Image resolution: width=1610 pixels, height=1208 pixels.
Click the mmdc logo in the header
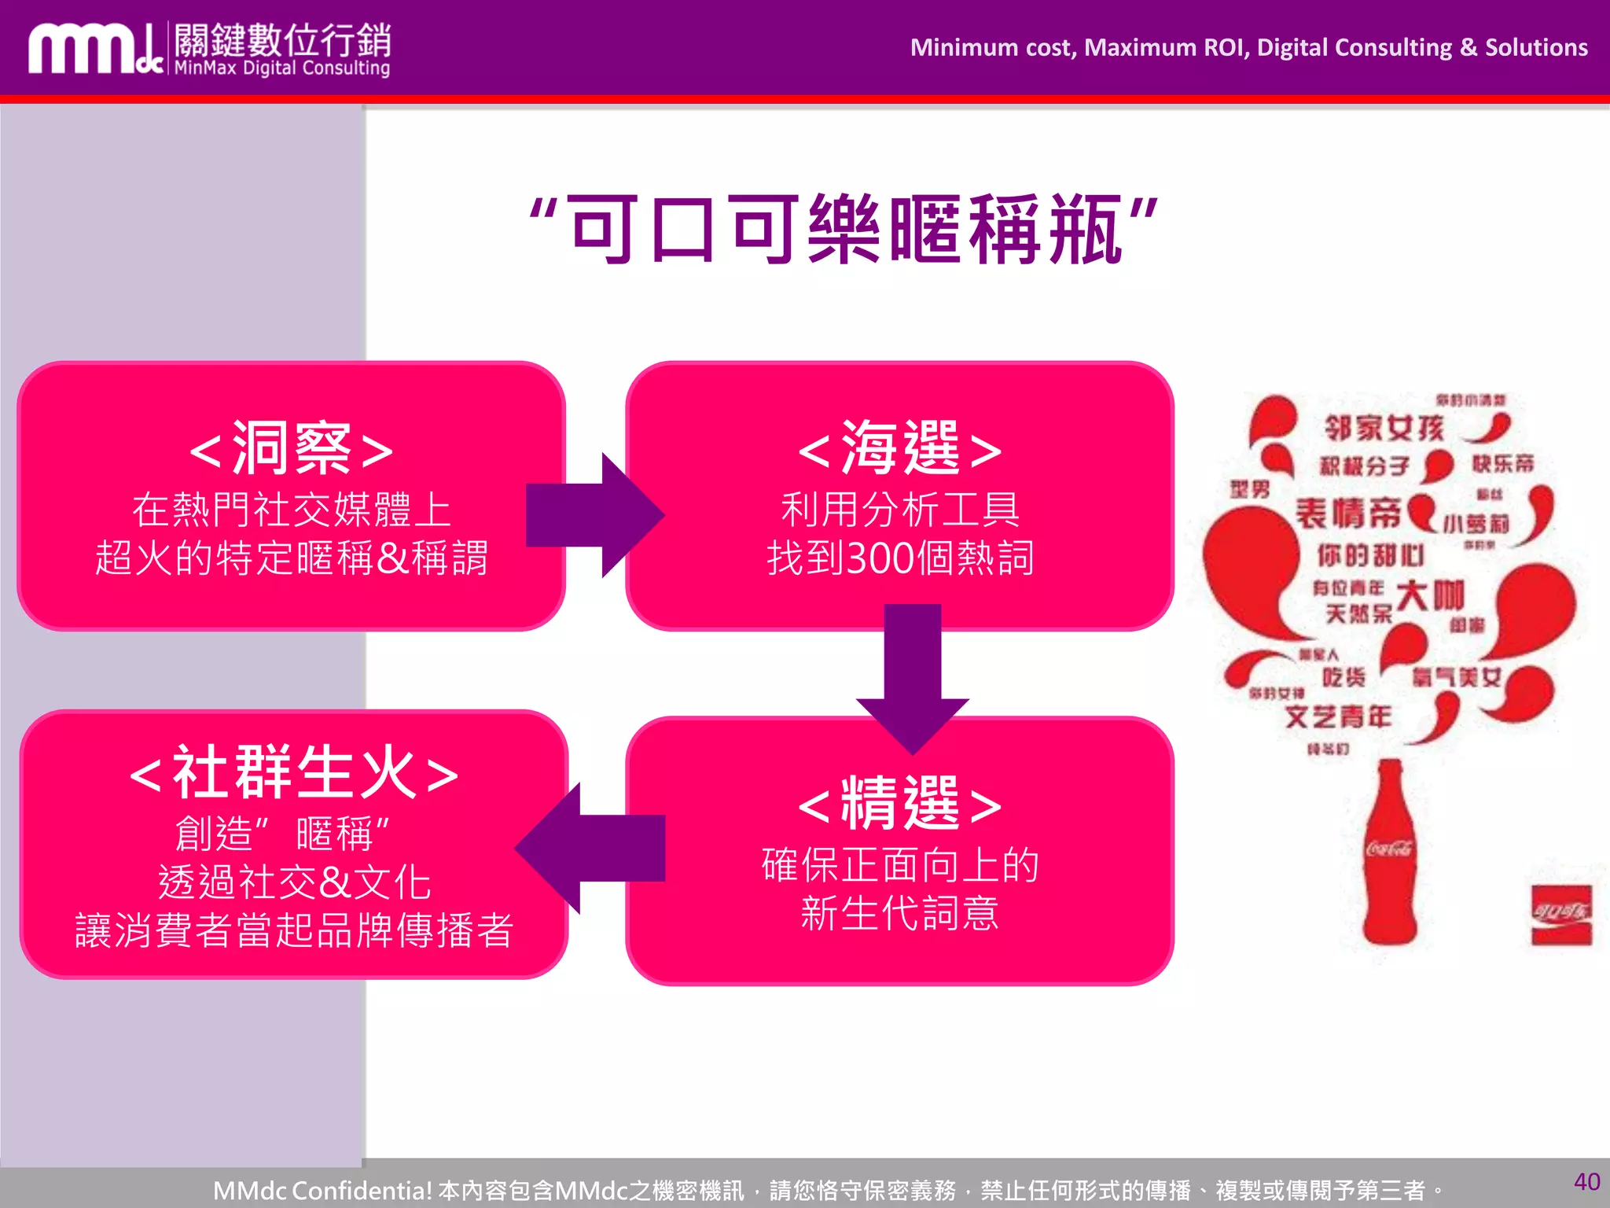coord(94,49)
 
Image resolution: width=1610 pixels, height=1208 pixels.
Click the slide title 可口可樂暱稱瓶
coord(844,230)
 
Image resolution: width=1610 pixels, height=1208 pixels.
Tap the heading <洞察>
coord(292,449)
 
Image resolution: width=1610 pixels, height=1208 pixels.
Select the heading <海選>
coord(900,449)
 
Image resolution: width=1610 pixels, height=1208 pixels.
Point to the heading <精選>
coord(900,804)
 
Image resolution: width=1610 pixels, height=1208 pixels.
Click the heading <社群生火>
coord(293,773)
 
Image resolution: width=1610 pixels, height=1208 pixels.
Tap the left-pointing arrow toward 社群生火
coord(590,848)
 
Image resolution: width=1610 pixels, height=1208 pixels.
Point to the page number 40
coord(1586,1181)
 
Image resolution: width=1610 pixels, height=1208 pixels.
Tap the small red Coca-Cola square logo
coord(1561,915)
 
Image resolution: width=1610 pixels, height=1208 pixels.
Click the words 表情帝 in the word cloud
coord(1348,514)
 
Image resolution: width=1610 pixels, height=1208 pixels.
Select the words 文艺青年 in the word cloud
coord(1338,716)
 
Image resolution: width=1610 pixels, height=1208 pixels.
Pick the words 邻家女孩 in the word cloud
coord(1384,429)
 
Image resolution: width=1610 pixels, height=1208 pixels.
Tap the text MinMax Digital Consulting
coord(281,68)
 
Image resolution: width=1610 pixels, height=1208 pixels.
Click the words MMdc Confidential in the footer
coord(322,1190)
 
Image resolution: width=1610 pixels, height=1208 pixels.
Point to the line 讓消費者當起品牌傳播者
coord(294,930)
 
